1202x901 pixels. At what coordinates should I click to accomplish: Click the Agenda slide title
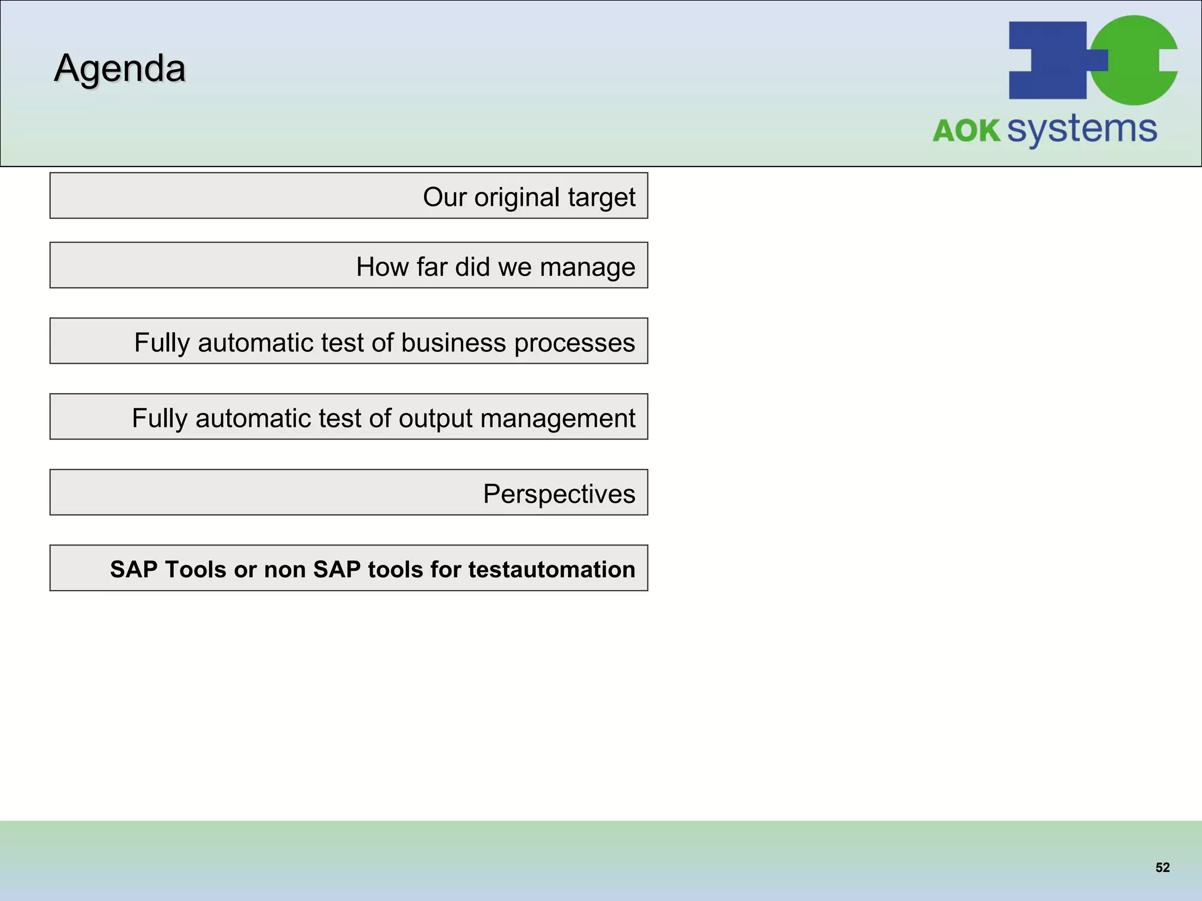(x=120, y=69)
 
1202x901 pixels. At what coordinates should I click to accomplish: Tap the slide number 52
(x=1162, y=868)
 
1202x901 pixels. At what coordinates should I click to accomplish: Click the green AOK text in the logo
(x=966, y=131)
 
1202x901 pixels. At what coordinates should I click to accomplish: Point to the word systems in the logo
(x=1082, y=130)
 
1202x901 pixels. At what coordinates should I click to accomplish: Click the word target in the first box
(x=602, y=197)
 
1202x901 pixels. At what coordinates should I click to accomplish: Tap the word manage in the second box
(x=587, y=267)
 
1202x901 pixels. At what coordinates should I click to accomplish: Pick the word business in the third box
(x=453, y=343)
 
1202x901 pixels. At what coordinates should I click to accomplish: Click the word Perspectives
(x=559, y=494)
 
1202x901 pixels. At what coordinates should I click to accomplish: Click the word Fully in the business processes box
(x=161, y=343)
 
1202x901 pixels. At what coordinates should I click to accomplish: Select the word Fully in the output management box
(x=159, y=418)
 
